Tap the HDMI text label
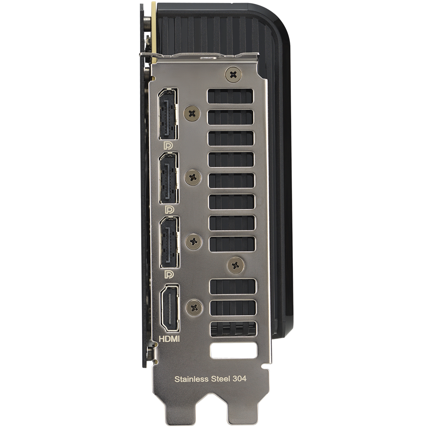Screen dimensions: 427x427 pyautogui.click(x=169, y=339)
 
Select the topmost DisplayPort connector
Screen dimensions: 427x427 pyautogui.click(x=168, y=114)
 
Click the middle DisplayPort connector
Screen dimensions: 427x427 pyautogui.click(x=169, y=178)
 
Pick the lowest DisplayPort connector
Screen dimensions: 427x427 pyautogui.click(x=170, y=242)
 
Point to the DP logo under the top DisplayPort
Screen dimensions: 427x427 pyautogui.click(x=168, y=146)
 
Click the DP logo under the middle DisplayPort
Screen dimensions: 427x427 pyautogui.click(x=170, y=209)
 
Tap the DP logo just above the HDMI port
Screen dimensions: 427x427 pyautogui.click(x=169, y=274)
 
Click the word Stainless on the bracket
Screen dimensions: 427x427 pyautogui.click(x=191, y=379)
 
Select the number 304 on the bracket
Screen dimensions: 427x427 pyautogui.click(x=240, y=378)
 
